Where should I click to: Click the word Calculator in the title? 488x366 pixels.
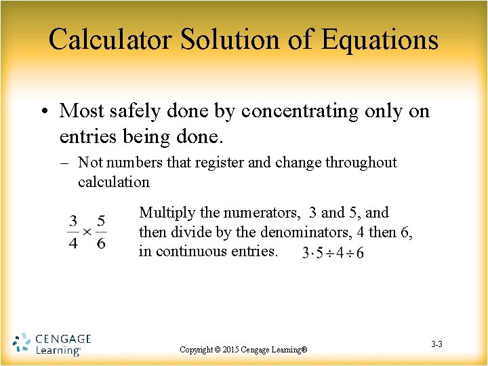[110, 39]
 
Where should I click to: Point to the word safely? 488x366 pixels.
[141, 110]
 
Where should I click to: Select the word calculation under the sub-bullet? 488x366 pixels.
[113, 182]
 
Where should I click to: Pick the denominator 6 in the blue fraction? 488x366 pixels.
[101, 243]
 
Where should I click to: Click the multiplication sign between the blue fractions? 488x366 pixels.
[87, 232]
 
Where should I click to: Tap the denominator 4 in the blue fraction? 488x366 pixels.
[73, 243]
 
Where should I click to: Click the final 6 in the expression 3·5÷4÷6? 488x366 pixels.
[359, 253]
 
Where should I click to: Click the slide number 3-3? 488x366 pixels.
[436, 344]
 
